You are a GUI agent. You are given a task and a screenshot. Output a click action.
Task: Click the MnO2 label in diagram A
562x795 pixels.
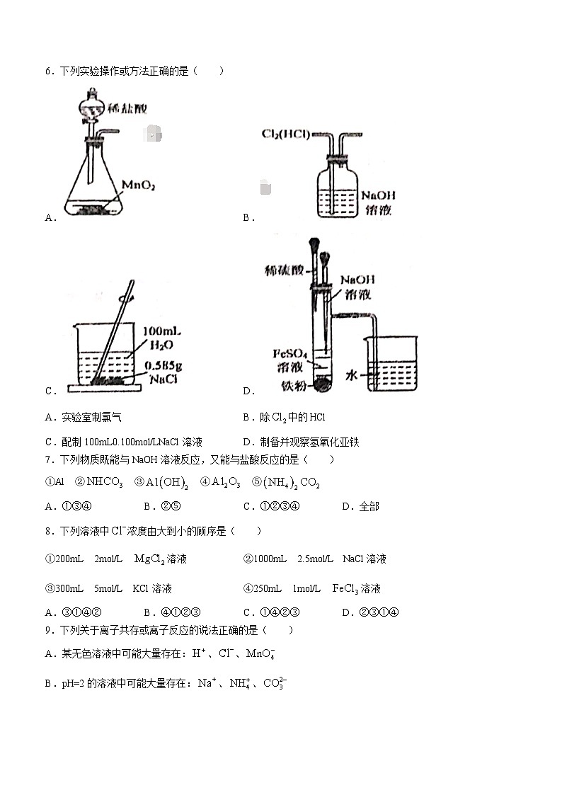click(138, 185)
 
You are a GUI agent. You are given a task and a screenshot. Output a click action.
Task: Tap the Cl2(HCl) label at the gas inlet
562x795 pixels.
click(286, 134)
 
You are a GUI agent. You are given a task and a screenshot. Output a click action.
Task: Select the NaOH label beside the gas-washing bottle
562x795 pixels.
click(378, 195)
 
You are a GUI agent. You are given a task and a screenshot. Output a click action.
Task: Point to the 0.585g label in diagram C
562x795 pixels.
click(165, 366)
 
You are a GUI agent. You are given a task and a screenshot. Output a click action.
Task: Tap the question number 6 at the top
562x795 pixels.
click(48, 71)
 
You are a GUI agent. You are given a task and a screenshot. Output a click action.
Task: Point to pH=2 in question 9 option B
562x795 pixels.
click(73, 684)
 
